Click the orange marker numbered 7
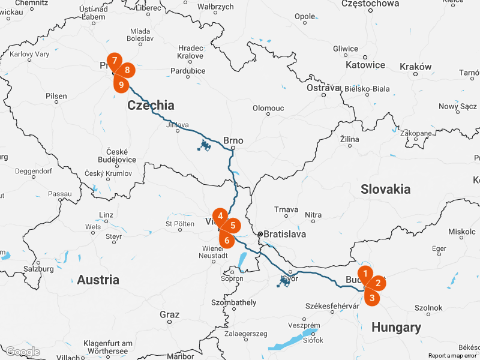pos(114,60)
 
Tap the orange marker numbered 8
pos(127,70)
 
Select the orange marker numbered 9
pos(121,85)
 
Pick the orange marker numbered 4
pos(220,216)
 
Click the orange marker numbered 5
pos(233,226)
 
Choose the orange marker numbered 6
pos(227,241)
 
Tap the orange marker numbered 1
pos(365,274)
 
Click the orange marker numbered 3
pos(372,298)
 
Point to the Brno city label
pos(233,141)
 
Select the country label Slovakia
pos(385,189)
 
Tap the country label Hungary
pos(396,327)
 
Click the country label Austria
pos(98,280)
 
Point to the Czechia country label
pos(151,106)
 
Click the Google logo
pos(22,352)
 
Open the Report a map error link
pos(452,356)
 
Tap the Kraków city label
pos(415,67)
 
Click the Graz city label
pos(169,314)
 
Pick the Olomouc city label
pos(268,108)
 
